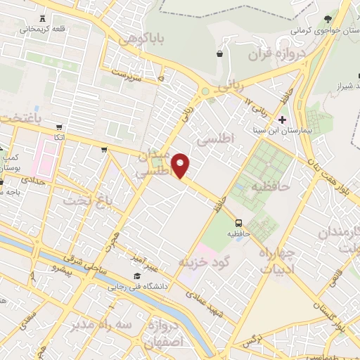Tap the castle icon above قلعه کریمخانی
(44, 18)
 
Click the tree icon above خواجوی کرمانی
(327, 20)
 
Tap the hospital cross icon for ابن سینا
(282, 120)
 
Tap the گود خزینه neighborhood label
(205, 262)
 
